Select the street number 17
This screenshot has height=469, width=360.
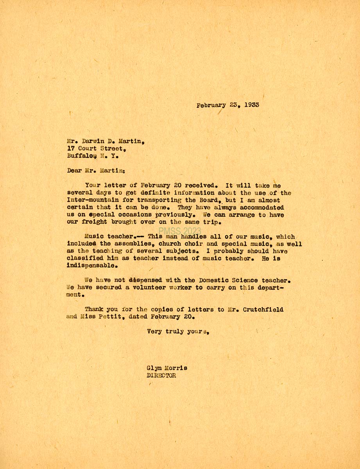pyautogui.click(x=71, y=149)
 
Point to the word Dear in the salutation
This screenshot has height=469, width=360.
pyautogui.click(x=74, y=170)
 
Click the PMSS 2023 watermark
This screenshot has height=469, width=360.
pyautogui.click(x=180, y=231)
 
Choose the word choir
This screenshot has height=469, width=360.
pyautogui.click(x=192, y=244)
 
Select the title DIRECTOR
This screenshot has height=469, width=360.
pyautogui.click(x=161, y=376)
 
